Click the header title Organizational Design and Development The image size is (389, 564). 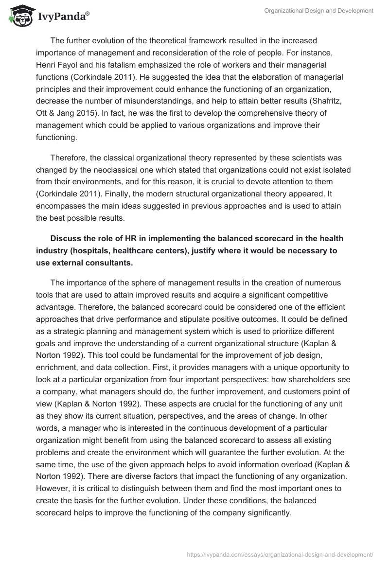[x=318, y=11]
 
